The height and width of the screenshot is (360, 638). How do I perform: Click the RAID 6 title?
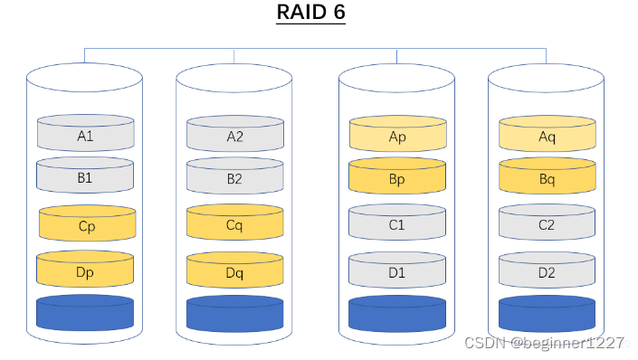310,14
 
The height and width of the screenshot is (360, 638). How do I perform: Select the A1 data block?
85,135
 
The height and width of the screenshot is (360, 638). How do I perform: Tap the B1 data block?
85,177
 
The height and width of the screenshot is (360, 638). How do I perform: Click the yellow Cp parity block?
87,225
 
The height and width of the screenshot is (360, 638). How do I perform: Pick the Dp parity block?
85,270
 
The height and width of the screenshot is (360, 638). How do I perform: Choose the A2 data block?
234,136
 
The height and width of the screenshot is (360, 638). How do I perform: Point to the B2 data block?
234,178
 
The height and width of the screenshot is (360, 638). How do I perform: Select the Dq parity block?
234,270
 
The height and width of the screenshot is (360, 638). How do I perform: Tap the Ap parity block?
397,136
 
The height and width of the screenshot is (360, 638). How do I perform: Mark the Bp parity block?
397,178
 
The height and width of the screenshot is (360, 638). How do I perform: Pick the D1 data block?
397,270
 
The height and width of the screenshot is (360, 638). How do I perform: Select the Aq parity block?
548,136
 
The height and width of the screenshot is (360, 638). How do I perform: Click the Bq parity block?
548,178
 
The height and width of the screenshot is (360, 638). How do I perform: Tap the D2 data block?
548,270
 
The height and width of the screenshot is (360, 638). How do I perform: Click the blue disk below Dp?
85,313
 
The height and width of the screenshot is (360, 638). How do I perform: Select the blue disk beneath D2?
548,314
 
